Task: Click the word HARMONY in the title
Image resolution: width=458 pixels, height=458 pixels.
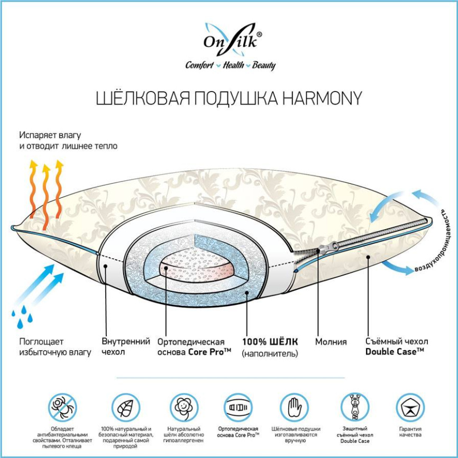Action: (322, 98)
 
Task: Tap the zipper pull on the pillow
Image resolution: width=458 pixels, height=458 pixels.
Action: (328, 248)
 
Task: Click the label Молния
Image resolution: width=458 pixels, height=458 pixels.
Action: (331, 342)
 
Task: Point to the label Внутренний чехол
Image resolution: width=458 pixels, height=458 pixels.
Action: (125, 346)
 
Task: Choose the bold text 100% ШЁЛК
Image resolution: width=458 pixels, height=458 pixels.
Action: (270, 342)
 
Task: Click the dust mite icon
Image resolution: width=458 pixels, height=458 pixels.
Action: (62, 407)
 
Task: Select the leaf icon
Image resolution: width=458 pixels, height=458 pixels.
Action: (125, 408)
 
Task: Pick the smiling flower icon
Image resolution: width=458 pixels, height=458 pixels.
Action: (184, 407)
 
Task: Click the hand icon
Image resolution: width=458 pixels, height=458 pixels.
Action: (295, 407)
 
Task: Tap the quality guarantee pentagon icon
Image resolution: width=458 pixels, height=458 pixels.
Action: (410, 407)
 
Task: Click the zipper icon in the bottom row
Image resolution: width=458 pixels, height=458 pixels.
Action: (354, 407)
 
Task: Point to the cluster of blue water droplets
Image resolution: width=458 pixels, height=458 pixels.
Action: (22, 316)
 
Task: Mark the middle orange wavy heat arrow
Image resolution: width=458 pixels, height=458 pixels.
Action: (46, 197)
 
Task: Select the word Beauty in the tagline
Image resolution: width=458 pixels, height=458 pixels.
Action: (264, 65)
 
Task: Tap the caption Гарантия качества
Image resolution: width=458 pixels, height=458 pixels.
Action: (410, 432)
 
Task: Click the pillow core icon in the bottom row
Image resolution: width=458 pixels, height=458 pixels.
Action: (238, 407)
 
